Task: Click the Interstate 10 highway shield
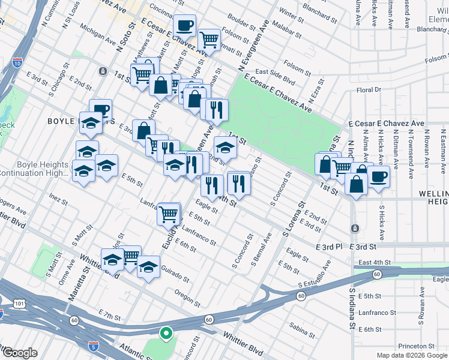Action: click(x=17, y=62)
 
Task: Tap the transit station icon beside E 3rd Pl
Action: click(x=355, y=229)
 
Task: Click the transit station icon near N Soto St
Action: click(x=103, y=71)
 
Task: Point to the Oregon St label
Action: click(x=187, y=297)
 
